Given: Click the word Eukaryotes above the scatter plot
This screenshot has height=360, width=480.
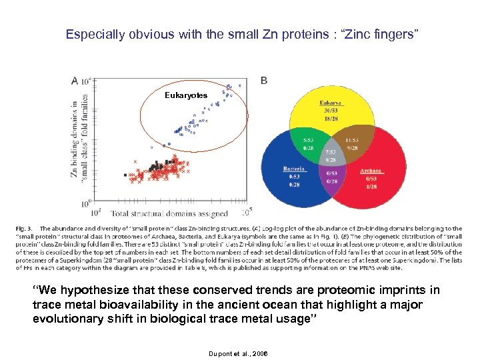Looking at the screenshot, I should [x=186, y=96].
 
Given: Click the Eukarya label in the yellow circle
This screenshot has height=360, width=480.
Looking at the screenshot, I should [x=331, y=103].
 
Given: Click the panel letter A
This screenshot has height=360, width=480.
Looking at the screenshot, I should [x=74, y=80].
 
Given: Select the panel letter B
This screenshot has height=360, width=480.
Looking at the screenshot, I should [x=264, y=80].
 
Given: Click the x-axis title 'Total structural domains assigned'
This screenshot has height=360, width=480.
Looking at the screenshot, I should [x=169, y=214].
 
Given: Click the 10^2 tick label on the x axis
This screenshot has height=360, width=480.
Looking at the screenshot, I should [x=95, y=213].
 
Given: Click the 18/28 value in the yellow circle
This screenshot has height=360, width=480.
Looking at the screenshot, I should [x=331, y=119].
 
